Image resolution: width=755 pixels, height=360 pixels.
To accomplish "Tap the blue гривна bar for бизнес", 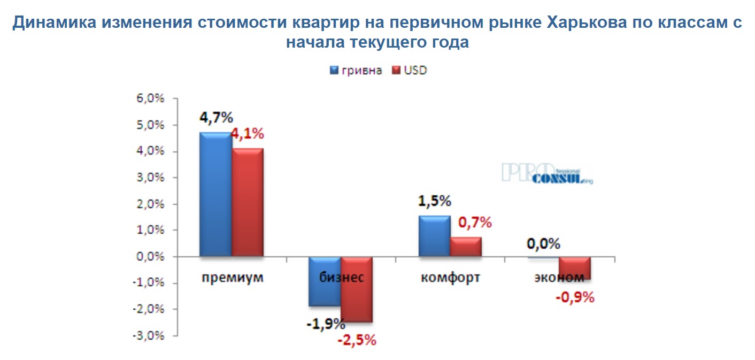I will pyautogui.click(x=325, y=281).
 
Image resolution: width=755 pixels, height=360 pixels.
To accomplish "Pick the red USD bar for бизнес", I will pyautogui.click(x=357, y=289).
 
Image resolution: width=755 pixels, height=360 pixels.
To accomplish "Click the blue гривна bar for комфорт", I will pyautogui.click(x=434, y=236).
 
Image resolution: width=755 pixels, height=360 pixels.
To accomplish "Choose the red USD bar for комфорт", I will pyautogui.click(x=466, y=247).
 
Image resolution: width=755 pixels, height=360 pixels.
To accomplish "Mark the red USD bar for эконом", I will pyautogui.click(x=575, y=268).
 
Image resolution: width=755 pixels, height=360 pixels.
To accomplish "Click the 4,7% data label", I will pyautogui.click(x=215, y=118).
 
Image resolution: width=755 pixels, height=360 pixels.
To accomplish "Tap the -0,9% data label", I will pyautogui.click(x=575, y=297).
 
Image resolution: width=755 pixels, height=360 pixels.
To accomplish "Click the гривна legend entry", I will pyautogui.click(x=356, y=71).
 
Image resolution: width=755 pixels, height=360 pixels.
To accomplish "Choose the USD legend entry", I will pyautogui.click(x=410, y=71).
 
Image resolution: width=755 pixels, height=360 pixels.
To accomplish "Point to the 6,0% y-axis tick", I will pyautogui.click(x=153, y=99).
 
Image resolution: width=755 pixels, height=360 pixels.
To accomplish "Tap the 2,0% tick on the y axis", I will pyautogui.click(x=153, y=204).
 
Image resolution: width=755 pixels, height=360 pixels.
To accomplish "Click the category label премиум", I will pyautogui.click(x=233, y=278).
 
